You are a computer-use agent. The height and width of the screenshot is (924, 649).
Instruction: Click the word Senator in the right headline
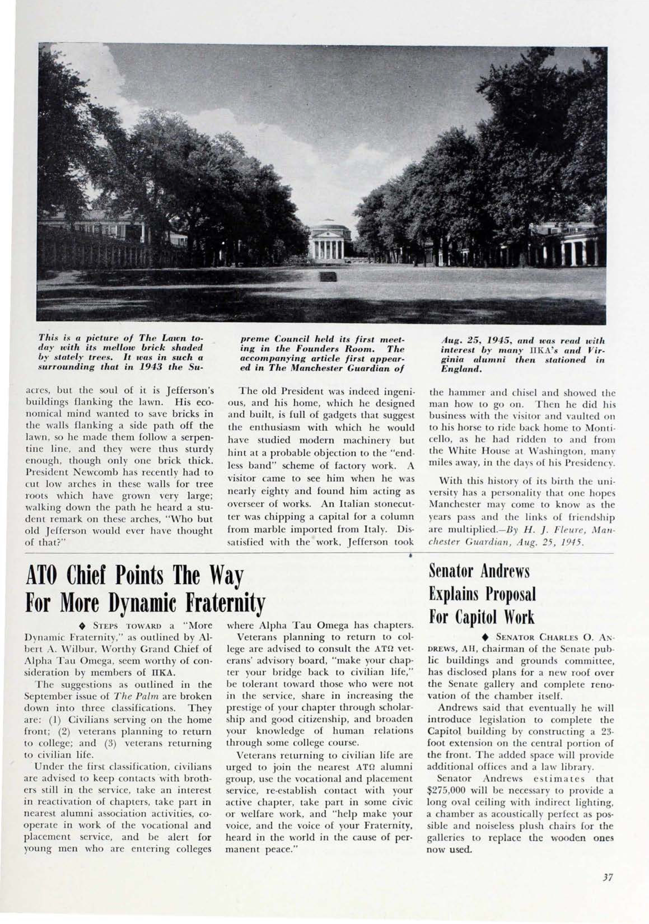point(452,571)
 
